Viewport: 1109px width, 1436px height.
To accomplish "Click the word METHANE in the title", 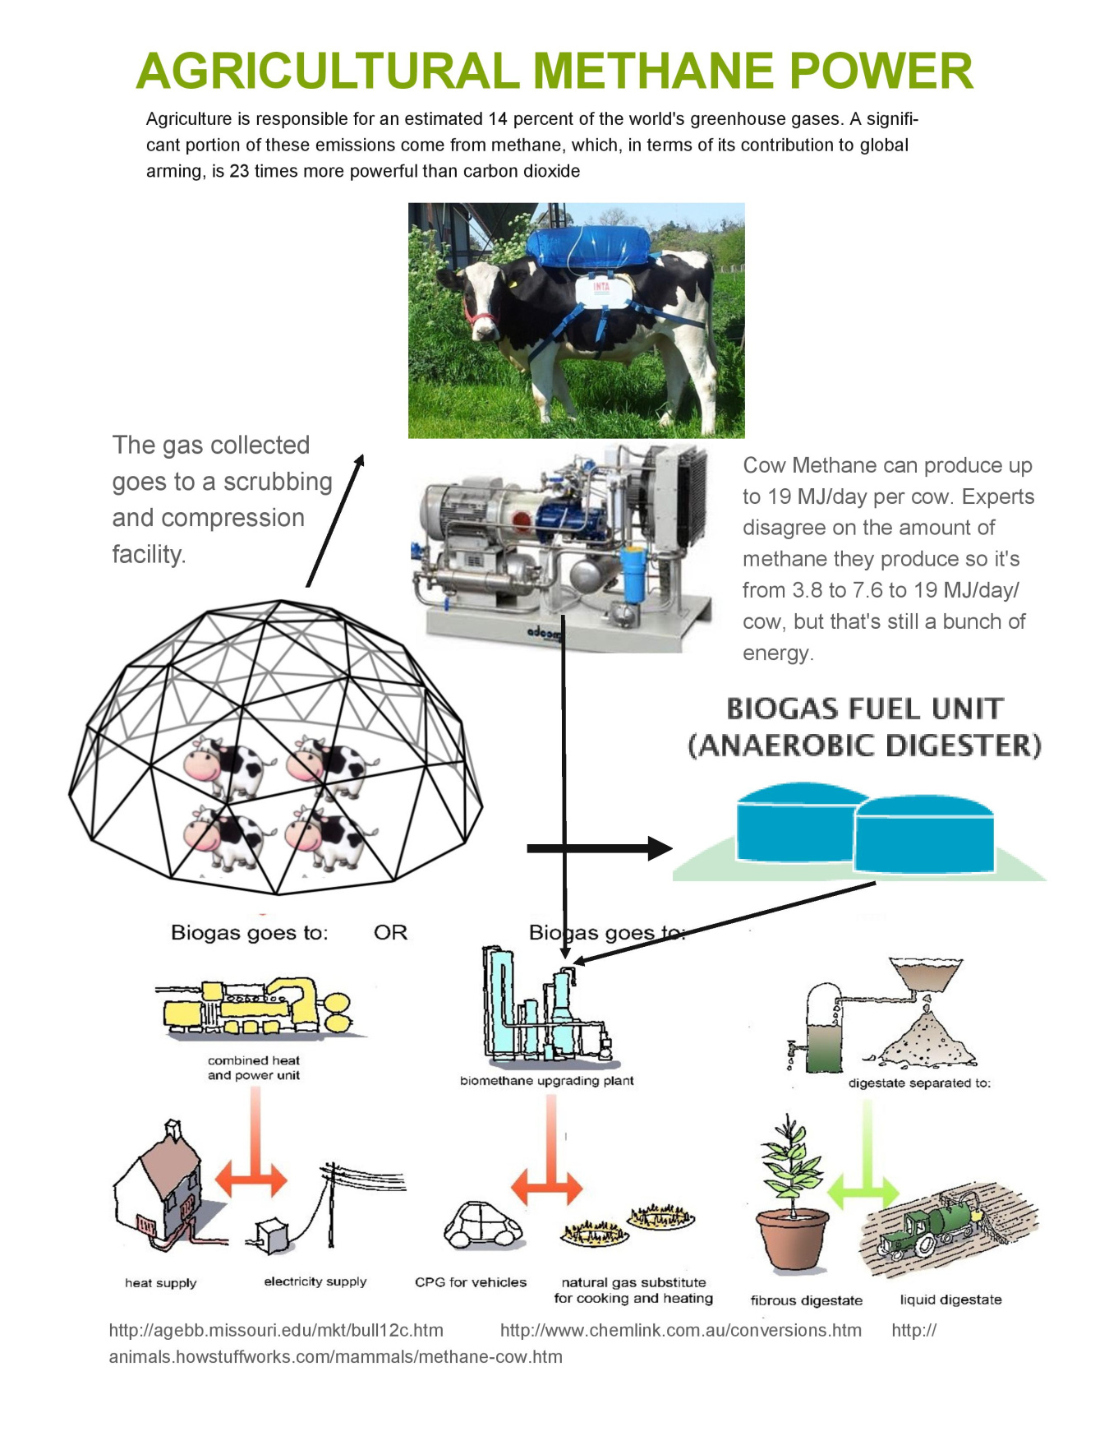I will pyautogui.click(x=654, y=71).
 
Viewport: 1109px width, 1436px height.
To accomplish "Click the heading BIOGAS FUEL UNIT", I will pyautogui.click(x=864, y=709).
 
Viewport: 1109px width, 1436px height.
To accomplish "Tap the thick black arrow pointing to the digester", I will pyautogui.click(x=600, y=848).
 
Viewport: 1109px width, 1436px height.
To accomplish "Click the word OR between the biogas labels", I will pyautogui.click(x=390, y=932).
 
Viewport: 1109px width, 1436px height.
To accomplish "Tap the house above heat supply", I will pyautogui.click(x=160, y=1184).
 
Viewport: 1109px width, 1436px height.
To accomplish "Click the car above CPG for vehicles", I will pyautogui.click(x=482, y=1225).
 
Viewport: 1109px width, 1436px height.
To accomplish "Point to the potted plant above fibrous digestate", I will pyautogui.click(x=791, y=1192).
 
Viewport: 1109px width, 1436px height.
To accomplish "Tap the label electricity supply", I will pyautogui.click(x=315, y=1281).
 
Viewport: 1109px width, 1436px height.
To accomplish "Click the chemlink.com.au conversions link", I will pyautogui.click(x=680, y=1330).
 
